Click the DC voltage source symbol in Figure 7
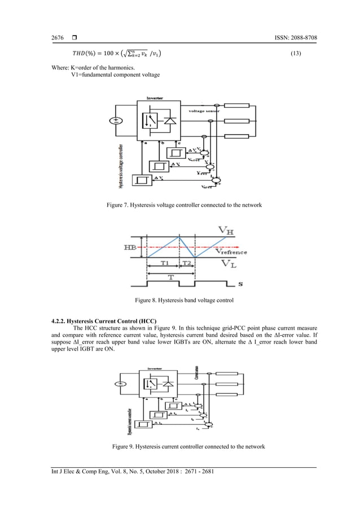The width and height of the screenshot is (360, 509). coord(117,120)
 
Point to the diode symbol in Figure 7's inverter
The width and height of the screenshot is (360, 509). coord(169,120)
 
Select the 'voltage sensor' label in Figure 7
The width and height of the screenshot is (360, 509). coord(204,111)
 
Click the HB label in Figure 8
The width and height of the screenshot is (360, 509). coord(128,247)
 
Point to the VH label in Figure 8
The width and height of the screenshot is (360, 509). coord(223,230)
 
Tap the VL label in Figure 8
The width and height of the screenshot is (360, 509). coord(224,264)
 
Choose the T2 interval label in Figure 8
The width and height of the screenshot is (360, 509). coord(187,263)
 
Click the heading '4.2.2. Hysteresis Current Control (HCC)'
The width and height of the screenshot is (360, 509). coord(104,321)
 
